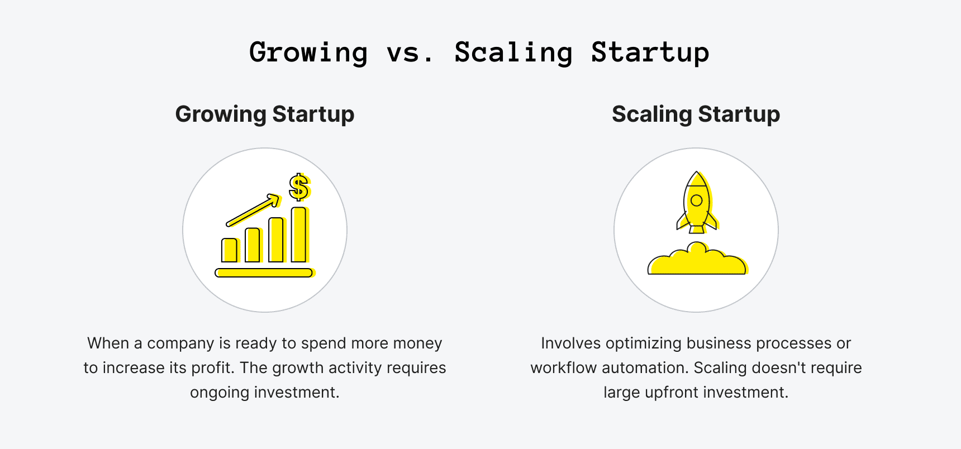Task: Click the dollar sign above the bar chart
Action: [299, 187]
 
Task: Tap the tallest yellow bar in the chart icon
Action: [299, 235]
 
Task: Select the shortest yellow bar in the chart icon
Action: [230, 250]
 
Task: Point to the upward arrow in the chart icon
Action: [253, 210]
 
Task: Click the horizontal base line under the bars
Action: [264, 273]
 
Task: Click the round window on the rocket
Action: [696, 200]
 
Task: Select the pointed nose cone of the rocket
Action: [696, 179]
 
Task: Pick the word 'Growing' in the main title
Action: [308, 52]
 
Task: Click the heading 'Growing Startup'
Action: [265, 114]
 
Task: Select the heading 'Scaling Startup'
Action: [696, 114]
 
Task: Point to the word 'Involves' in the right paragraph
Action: [570, 343]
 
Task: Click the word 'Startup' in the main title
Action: [650, 52]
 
